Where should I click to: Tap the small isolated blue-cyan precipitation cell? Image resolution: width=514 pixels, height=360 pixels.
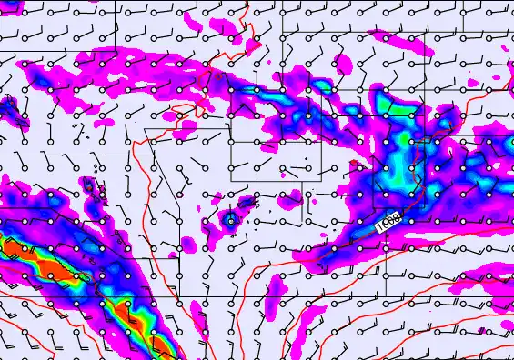coord(230,219)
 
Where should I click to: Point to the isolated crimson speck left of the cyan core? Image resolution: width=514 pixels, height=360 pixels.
coord(352,164)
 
